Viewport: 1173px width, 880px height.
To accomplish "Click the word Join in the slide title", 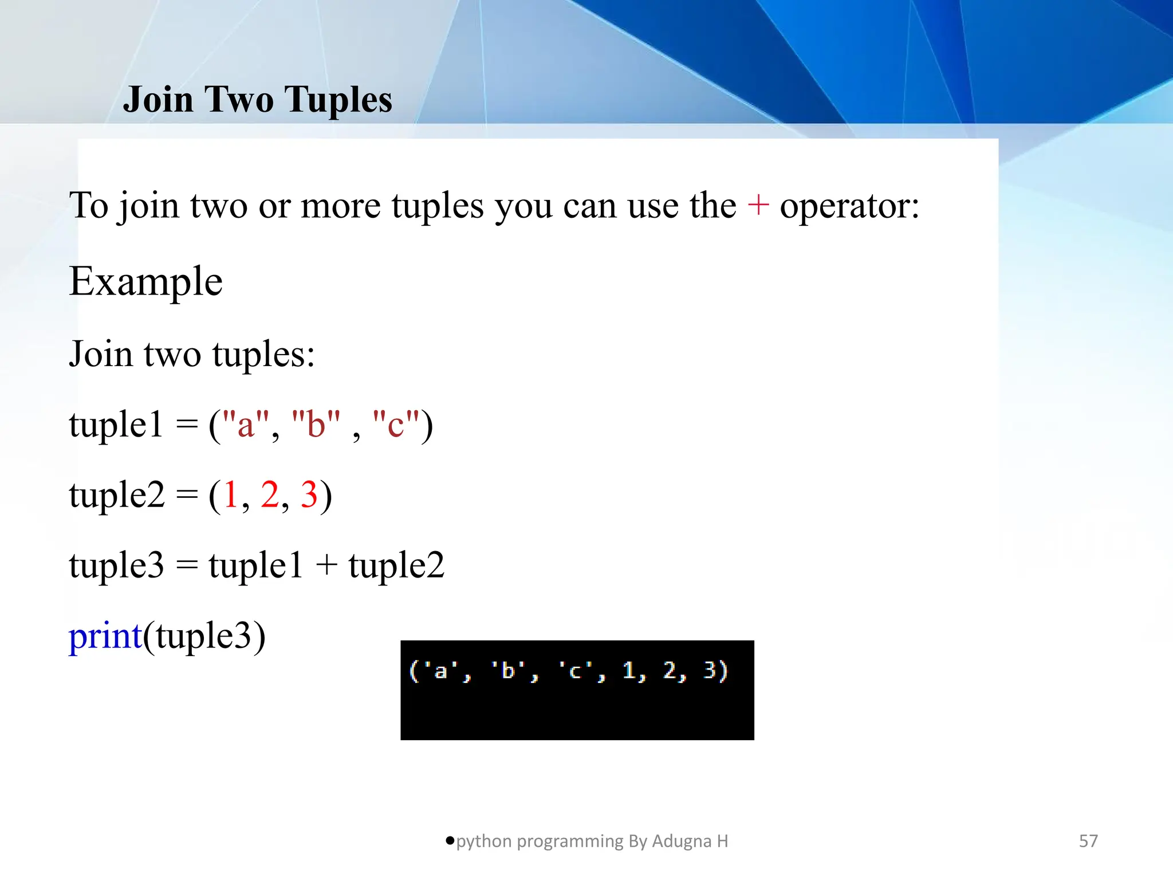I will pos(158,100).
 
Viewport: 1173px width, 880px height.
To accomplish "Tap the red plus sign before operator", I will pos(758,205).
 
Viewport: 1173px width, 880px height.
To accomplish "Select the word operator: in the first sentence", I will pos(849,206).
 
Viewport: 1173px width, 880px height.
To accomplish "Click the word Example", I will pos(145,282).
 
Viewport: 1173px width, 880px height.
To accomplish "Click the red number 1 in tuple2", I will pos(231,494).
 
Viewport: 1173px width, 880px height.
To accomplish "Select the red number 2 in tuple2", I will pos(269,494).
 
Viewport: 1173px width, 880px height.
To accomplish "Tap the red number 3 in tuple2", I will pos(309,494).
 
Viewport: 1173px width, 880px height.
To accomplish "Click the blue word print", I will pos(105,636).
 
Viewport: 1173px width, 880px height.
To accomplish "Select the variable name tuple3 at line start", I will pos(116,565).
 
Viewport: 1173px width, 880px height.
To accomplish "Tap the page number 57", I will pos(1088,841).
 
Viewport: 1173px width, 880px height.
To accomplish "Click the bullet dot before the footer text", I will pos(450,840).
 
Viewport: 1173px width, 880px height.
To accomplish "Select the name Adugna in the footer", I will pos(681,841).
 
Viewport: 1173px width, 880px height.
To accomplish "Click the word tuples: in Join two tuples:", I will pos(263,354).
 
